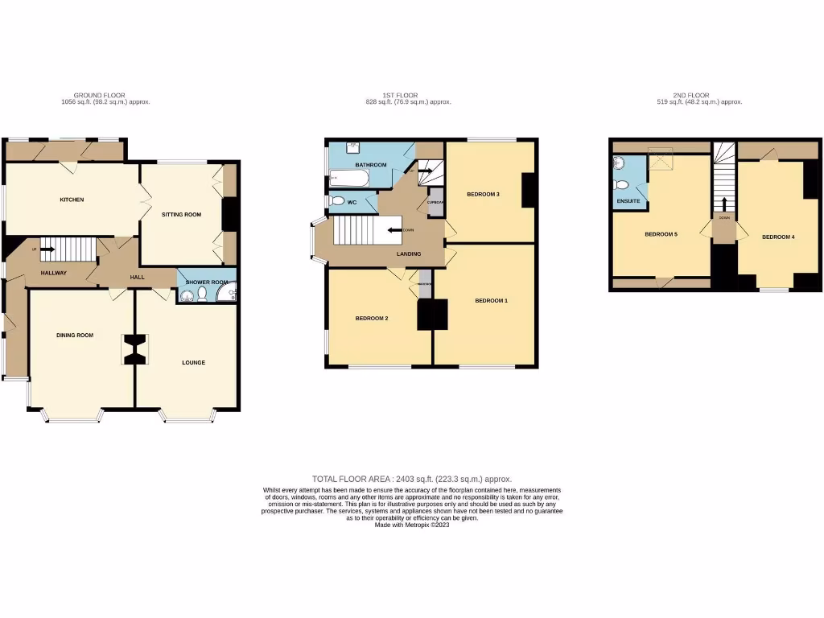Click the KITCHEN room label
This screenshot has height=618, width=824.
point(72,200)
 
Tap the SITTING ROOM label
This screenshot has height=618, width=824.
point(181,215)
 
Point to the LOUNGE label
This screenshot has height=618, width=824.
point(193,363)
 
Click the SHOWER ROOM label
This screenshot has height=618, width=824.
point(207,282)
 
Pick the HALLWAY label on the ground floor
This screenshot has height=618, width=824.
point(54,273)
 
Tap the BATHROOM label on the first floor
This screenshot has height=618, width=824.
point(371,165)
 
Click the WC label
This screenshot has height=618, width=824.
point(352,201)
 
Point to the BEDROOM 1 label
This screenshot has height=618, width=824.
point(491,301)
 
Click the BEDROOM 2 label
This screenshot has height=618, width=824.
point(372,319)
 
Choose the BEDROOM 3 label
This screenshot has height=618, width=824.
point(484,194)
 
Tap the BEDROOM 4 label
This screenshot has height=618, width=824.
point(778,237)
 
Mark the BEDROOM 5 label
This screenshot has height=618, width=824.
point(661,234)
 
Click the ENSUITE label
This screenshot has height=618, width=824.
point(628,200)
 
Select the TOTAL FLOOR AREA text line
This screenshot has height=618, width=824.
point(411,479)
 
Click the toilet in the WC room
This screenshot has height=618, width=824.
point(338,201)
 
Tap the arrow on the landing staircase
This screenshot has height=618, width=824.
point(394,230)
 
